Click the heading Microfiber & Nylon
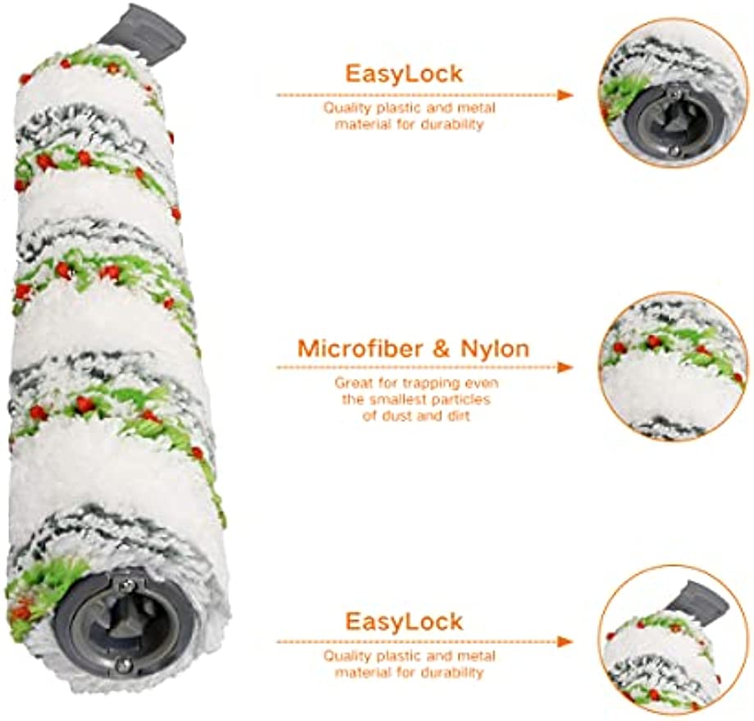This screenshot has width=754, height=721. point(413,349)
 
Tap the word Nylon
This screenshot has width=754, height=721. point(495,349)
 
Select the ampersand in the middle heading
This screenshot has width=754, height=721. point(440,349)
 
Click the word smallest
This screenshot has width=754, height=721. point(403,399)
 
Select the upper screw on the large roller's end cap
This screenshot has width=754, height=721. point(128,584)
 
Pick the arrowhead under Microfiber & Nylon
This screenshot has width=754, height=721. point(565,367)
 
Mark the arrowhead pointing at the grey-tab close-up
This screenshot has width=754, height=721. point(565,641)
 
